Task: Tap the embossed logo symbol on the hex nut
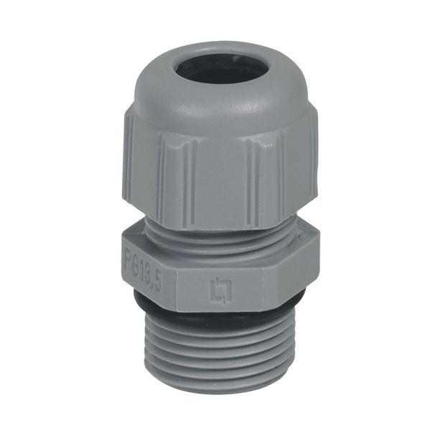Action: coord(218,290)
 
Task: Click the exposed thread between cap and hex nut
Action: coord(215,230)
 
